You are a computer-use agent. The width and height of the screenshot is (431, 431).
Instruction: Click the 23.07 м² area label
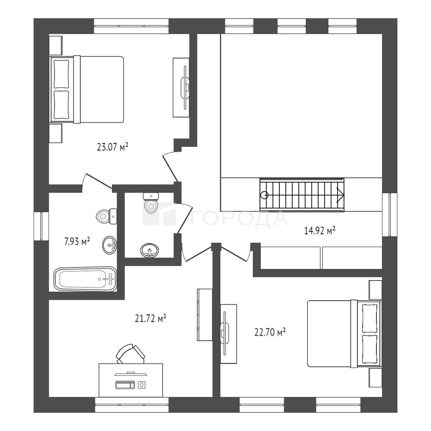[x=113, y=147]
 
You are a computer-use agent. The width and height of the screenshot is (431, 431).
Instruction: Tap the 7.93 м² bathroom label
[x=77, y=242]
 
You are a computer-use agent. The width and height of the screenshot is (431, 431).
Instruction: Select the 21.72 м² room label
[x=151, y=318]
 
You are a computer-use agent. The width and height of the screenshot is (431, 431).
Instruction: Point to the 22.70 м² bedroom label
[x=270, y=332]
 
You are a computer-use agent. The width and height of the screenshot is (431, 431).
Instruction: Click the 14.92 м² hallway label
[x=320, y=230]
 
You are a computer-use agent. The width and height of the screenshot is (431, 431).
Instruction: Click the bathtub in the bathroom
[x=86, y=279]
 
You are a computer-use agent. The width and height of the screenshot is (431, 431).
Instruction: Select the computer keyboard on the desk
[x=125, y=385]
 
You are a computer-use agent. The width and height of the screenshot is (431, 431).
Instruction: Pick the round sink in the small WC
[x=149, y=250]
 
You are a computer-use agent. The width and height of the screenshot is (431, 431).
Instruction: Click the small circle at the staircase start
[x=264, y=195]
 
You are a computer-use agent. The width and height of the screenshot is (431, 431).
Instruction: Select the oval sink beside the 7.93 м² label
[x=110, y=245]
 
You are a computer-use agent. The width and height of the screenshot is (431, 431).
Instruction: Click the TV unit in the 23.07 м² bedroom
[x=181, y=88]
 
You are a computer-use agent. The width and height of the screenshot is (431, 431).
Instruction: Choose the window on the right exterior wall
[x=390, y=214]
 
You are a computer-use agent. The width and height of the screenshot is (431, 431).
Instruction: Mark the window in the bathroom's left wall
[x=41, y=226]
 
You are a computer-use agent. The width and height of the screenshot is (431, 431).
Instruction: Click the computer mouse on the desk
[x=142, y=385]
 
